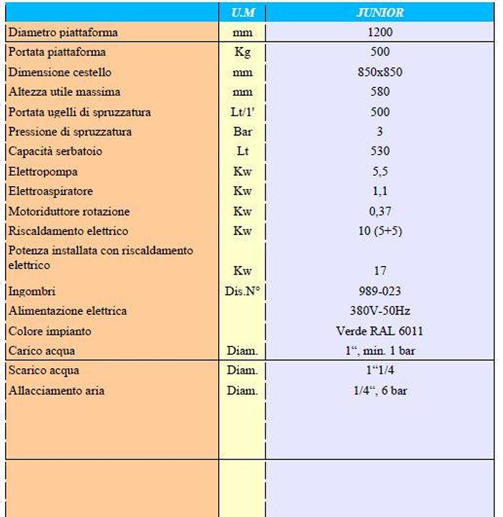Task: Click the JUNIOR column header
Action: (380, 12)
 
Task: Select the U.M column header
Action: (242, 12)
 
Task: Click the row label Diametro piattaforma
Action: (63, 32)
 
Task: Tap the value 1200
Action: (380, 32)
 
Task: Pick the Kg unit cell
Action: (242, 52)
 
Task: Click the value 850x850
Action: (380, 72)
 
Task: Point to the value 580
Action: (380, 92)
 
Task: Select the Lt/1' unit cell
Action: (242, 112)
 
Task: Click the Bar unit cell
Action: (242, 132)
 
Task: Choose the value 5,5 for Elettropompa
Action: (380, 171)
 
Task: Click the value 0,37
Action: (380, 211)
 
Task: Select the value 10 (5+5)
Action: (380, 231)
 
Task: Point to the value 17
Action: (380, 271)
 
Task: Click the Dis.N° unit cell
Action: (242, 291)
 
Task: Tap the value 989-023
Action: (380, 291)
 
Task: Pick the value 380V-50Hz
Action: (380, 311)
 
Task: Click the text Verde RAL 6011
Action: (380, 331)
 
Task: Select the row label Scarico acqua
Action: (44, 371)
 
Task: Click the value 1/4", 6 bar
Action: (380, 391)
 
